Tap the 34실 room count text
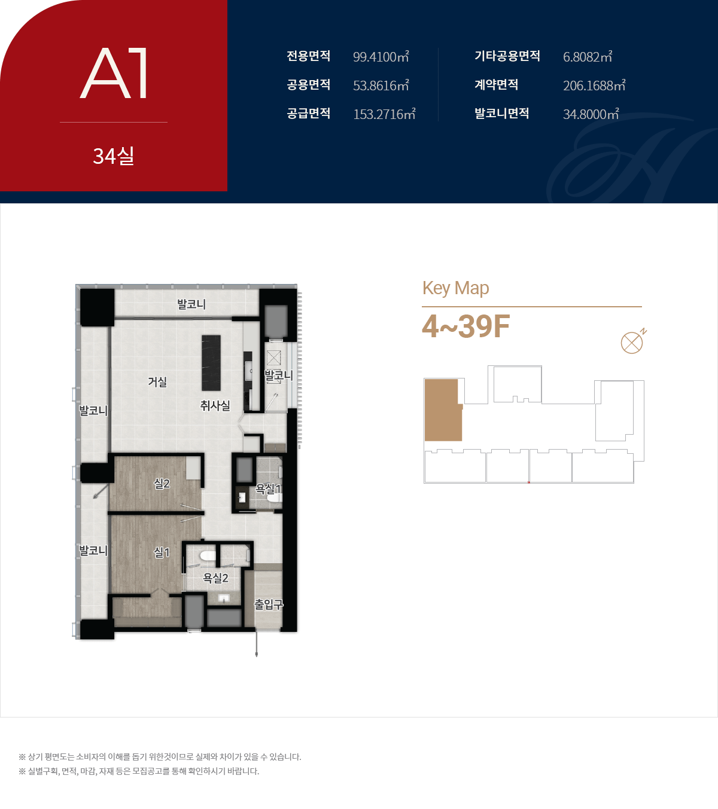(114, 155)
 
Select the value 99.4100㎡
(381, 57)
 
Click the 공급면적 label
(309, 114)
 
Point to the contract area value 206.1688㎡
(594, 86)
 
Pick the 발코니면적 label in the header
(502, 114)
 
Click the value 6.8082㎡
(588, 57)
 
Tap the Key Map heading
(455, 288)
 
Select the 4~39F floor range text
(466, 326)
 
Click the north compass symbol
(633, 341)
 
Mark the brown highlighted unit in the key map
(443, 410)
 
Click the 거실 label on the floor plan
(157, 381)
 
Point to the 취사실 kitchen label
(215, 406)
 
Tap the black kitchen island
(211, 363)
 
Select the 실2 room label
(162, 484)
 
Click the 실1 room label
(162, 552)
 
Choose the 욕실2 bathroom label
(215, 578)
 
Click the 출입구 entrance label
(269, 604)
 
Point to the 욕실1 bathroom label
(269, 489)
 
